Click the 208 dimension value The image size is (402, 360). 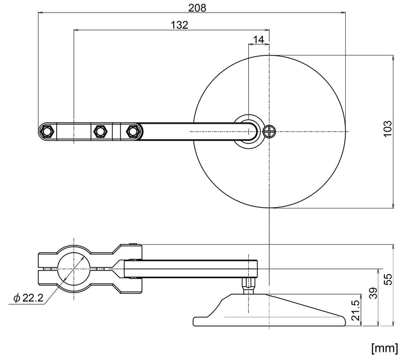coord(193,7)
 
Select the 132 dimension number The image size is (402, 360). coord(179,24)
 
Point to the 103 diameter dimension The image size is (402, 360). coord(385,131)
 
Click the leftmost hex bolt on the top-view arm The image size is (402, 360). coord(48,131)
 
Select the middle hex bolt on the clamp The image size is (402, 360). coord(99,131)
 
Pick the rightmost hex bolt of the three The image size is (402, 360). coord(133,131)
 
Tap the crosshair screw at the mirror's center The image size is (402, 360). coord(270,131)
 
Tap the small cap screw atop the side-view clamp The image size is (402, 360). coord(132,245)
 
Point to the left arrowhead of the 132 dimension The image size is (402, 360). coord(76,30)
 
